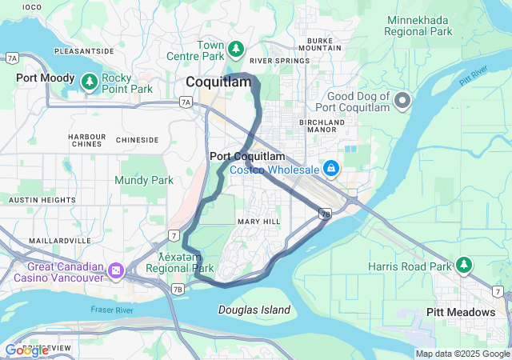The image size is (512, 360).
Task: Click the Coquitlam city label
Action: [x=218, y=82]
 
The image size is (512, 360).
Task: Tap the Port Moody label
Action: [x=46, y=79]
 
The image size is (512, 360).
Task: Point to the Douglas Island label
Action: [x=254, y=310]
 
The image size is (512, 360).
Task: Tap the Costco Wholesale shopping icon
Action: [x=330, y=168]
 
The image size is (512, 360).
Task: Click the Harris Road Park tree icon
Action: [x=464, y=263]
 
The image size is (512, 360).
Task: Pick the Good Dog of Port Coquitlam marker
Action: [x=402, y=101]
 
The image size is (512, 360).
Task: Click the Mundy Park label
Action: [x=144, y=181]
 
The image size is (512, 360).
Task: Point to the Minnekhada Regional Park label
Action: [x=419, y=26]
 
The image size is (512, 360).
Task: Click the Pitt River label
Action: [x=474, y=78]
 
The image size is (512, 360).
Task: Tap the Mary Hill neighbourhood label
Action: [x=258, y=221]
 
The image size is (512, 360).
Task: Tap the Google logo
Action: [x=26, y=350]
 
